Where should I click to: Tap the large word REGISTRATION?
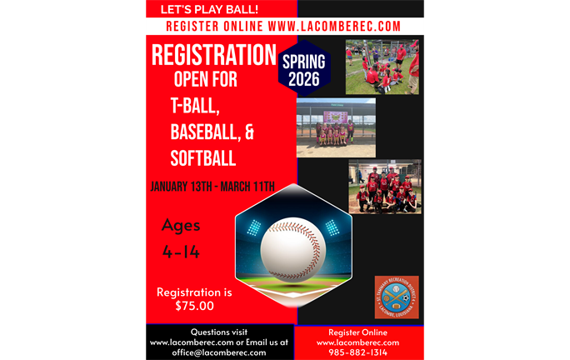pos(213,56)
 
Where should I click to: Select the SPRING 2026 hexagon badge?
pos(304,70)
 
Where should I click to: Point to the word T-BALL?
pos(195,106)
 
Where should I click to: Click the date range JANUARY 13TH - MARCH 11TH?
pos(212,186)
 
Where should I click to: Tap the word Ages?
pos(181,225)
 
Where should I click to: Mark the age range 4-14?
pos(182,252)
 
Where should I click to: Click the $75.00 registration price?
pos(194,306)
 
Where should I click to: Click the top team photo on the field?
pos(382,67)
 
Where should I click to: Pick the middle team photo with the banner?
pos(336,127)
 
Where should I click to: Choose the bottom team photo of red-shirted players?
pos(384,187)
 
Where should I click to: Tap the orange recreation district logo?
pos(396,297)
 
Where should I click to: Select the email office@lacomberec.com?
pos(220,352)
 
